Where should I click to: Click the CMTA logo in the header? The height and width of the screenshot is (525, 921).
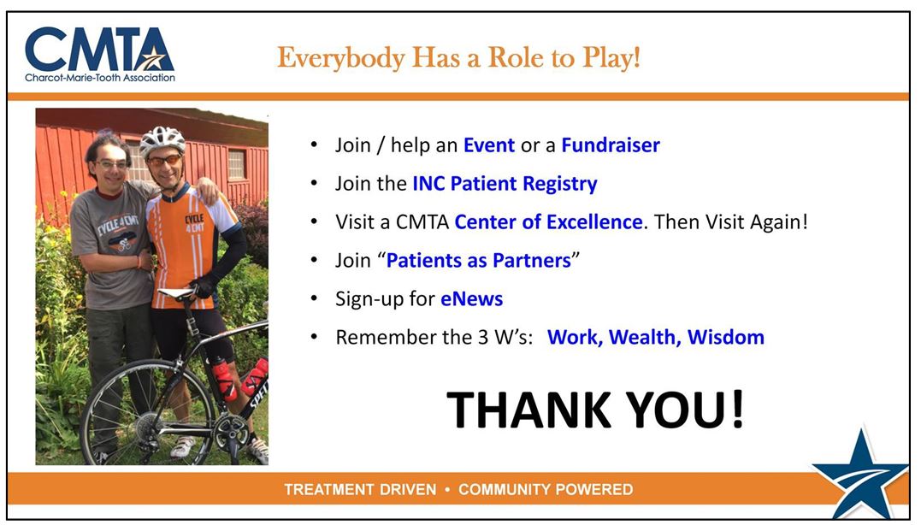click(x=99, y=54)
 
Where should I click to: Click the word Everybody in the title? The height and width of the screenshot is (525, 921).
click(x=341, y=59)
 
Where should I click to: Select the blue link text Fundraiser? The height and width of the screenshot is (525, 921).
click(x=611, y=145)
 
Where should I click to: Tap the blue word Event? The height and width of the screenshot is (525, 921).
click(x=488, y=145)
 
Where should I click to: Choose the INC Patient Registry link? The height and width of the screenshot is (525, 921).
click(x=505, y=184)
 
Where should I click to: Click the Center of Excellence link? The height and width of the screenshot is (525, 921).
click(x=548, y=222)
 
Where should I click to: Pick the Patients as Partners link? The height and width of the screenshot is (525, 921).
click(x=479, y=261)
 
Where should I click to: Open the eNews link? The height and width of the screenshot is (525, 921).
click(x=472, y=299)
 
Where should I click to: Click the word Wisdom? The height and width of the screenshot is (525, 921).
click(x=726, y=337)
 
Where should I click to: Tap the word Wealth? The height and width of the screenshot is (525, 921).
click(x=645, y=338)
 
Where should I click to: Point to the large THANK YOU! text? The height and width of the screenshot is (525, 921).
click(x=595, y=410)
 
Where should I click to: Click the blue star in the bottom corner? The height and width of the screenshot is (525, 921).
click(x=860, y=475)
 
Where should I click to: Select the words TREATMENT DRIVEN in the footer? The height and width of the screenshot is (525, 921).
click(x=360, y=490)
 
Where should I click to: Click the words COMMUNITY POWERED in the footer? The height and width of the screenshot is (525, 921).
click(x=546, y=490)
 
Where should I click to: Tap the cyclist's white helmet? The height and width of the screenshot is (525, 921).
click(x=162, y=140)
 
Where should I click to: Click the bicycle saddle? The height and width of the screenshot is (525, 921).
click(x=176, y=293)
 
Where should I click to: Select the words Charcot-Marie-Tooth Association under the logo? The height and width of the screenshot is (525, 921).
click(x=100, y=78)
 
